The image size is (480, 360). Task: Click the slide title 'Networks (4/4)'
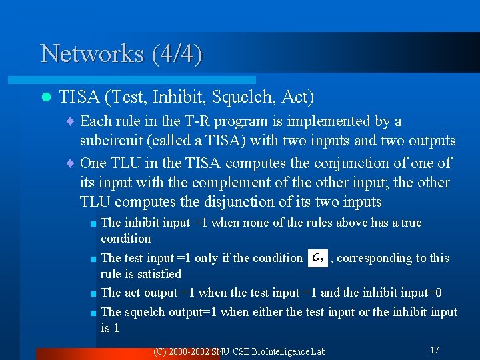point(121,53)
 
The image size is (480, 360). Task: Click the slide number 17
point(434,350)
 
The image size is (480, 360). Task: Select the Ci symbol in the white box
point(319,257)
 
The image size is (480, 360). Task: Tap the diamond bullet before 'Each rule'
point(71,122)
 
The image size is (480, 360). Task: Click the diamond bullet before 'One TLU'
point(71,163)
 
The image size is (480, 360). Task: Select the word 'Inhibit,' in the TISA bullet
point(179,97)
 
